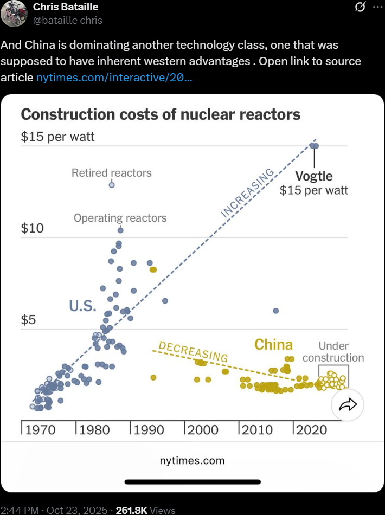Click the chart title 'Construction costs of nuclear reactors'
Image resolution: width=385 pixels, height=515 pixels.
point(160,115)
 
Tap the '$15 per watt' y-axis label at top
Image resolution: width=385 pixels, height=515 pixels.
point(57,137)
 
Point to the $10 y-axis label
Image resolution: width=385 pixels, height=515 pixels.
point(32,228)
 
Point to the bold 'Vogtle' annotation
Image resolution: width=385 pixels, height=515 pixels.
point(313,176)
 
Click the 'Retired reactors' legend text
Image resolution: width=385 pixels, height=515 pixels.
point(112,173)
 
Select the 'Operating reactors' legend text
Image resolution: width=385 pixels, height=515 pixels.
point(120,218)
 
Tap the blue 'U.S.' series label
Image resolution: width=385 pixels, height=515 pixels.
point(82,306)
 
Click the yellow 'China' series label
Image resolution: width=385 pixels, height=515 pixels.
point(273,344)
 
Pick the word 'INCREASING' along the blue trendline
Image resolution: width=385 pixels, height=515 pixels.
point(248,194)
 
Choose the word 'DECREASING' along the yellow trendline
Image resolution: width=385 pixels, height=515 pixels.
point(193,352)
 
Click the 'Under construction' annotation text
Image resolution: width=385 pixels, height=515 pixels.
point(333,352)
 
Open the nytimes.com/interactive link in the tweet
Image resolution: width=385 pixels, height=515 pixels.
point(114,78)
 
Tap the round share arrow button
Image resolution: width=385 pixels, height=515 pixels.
point(347,404)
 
